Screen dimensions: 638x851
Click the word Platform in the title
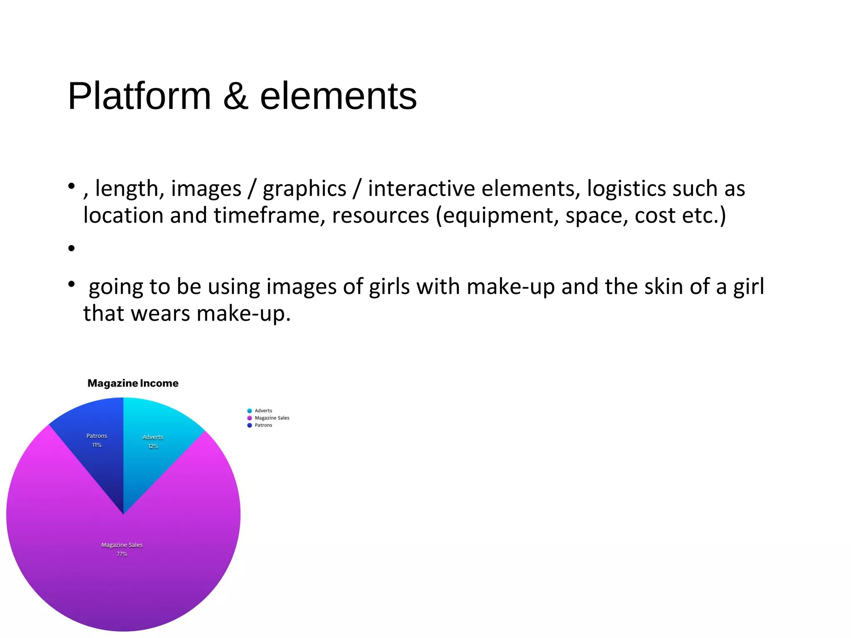click(140, 96)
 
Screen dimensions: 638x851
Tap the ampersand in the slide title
click(236, 96)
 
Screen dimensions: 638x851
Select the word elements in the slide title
click(338, 96)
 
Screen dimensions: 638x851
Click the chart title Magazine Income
click(133, 383)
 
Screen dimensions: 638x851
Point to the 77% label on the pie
click(122, 554)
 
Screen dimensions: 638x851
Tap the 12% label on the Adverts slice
click(153, 446)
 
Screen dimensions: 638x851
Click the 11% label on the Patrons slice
click(97, 445)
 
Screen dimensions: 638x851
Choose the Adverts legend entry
click(263, 411)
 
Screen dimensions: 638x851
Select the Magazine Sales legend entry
click(272, 418)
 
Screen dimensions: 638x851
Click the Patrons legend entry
click(263, 425)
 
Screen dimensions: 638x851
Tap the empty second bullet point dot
click(71, 248)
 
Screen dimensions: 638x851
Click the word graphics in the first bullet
click(304, 189)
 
